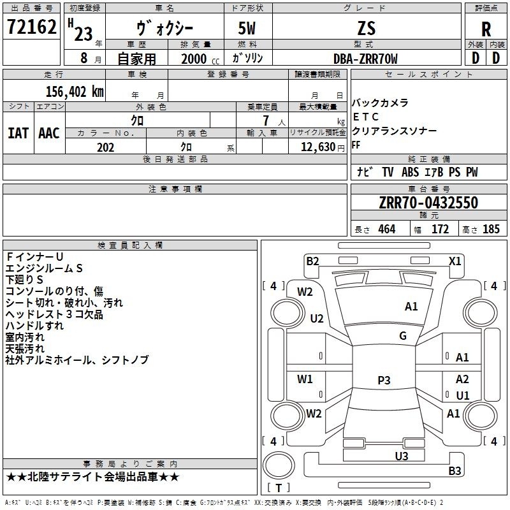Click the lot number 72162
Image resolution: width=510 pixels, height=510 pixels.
31,27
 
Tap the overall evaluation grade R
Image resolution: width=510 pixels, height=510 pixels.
486,29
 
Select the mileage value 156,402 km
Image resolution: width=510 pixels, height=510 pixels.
75,92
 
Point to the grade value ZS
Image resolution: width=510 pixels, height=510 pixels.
367,28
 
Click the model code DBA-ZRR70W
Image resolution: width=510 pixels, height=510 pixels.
365,59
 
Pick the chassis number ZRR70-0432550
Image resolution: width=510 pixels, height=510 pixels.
428,203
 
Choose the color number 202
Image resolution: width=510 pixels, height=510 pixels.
105,147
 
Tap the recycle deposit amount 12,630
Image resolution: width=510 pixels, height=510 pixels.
317,147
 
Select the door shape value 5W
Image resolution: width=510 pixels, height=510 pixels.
247,28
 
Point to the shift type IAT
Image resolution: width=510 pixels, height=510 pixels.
18,133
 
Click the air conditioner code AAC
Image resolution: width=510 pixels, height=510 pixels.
49,133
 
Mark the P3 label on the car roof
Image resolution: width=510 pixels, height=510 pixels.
384,380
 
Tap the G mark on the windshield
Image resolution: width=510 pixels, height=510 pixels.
403,336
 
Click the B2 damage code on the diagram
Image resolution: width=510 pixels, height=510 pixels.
312,261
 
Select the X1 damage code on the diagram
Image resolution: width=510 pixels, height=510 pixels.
455,261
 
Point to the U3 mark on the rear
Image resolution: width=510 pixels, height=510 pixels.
402,456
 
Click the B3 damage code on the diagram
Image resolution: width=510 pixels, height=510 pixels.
455,470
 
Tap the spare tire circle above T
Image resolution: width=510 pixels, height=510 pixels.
279,465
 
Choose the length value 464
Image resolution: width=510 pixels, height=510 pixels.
387,229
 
